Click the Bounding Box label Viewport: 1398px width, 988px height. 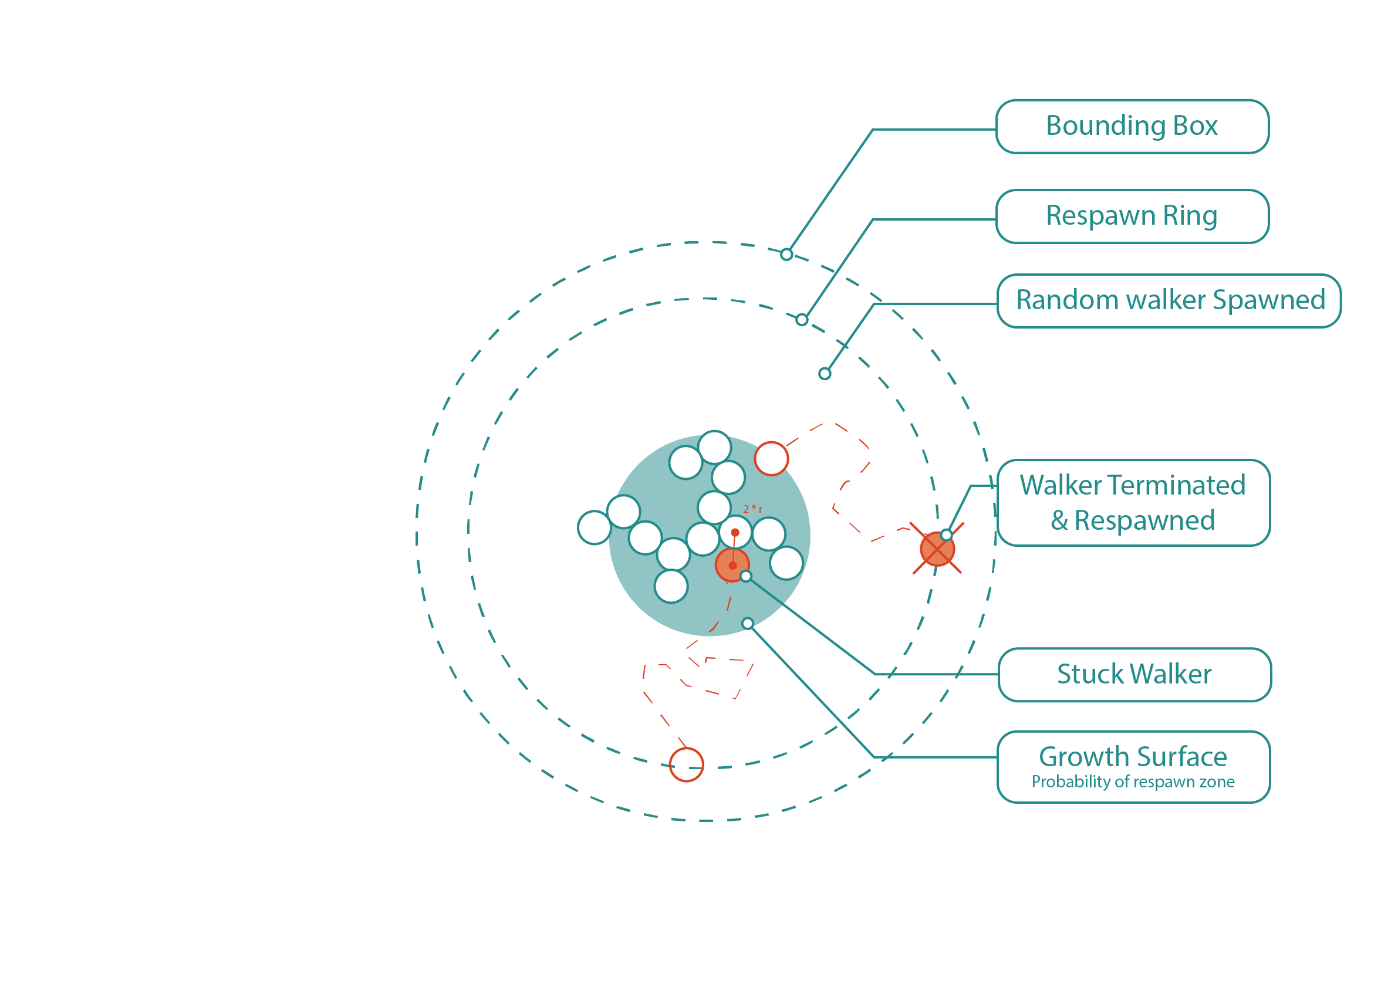click(x=1132, y=126)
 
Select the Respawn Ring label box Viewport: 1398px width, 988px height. click(x=1132, y=216)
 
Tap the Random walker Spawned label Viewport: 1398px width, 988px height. click(x=1170, y=301)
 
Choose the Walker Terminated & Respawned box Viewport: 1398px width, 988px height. click(x=1133, y=503)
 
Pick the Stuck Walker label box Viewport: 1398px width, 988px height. click(x=1134, y=675)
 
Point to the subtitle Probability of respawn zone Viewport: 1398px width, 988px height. click(x=1133, y=781)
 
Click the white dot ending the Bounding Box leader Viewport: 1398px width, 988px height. click(x=786, y=255)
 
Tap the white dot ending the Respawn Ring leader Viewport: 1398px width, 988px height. click(x=802, y=320)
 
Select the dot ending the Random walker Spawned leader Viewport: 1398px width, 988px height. click(x=825, y=373)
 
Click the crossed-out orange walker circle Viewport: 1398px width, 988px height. click(x=937, y=549)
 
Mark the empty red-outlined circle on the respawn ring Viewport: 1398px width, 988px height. click(x=686, y=764)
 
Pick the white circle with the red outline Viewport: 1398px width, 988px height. click(x=771, y=458)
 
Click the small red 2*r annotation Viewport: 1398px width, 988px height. click(x=752, y=508)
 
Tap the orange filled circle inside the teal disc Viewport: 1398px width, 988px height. click(x=731, y=566)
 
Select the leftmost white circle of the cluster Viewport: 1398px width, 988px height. click(x=594, y=527)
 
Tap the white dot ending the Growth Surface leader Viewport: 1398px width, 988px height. click(x=748, y=623)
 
